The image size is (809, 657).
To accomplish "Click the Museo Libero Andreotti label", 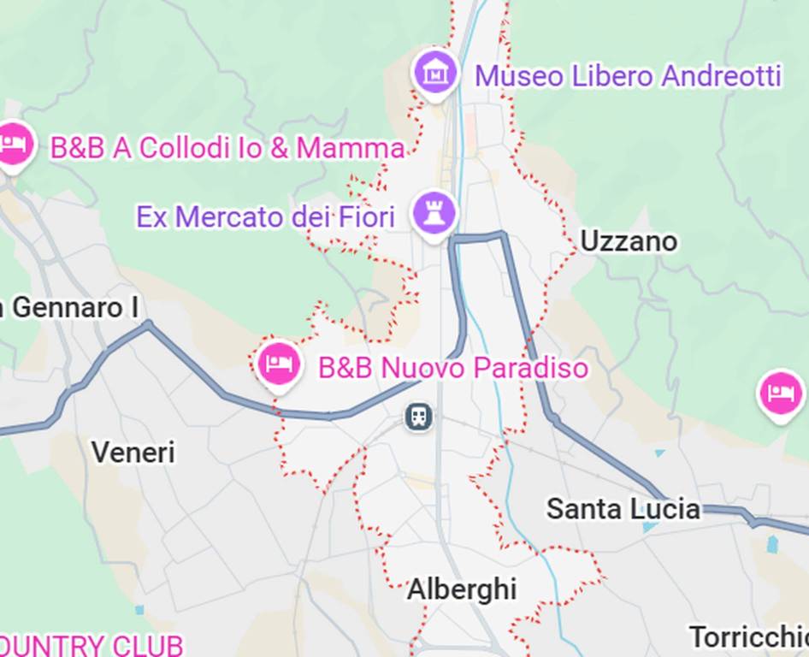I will point(628,76).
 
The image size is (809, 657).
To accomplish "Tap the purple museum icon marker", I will point(435,72).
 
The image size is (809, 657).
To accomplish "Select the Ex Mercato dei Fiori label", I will point(265,216).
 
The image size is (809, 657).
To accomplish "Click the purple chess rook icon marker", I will point(434,212).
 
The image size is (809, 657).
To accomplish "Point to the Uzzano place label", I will point(629,242).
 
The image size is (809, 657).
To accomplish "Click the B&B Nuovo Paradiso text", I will point(453,369).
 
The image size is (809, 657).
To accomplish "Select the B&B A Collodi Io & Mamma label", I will point(227,148).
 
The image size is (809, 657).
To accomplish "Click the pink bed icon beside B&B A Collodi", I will point(13,143).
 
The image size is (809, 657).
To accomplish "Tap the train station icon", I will point(418,417).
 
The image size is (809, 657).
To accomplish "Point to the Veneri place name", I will point(133,452).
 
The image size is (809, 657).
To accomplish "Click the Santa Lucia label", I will point(623,510).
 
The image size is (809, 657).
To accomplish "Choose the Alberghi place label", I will point(462,589).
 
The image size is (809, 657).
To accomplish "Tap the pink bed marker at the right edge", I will point(780,394).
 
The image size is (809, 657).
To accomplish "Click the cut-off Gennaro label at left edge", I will point(68,308).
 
